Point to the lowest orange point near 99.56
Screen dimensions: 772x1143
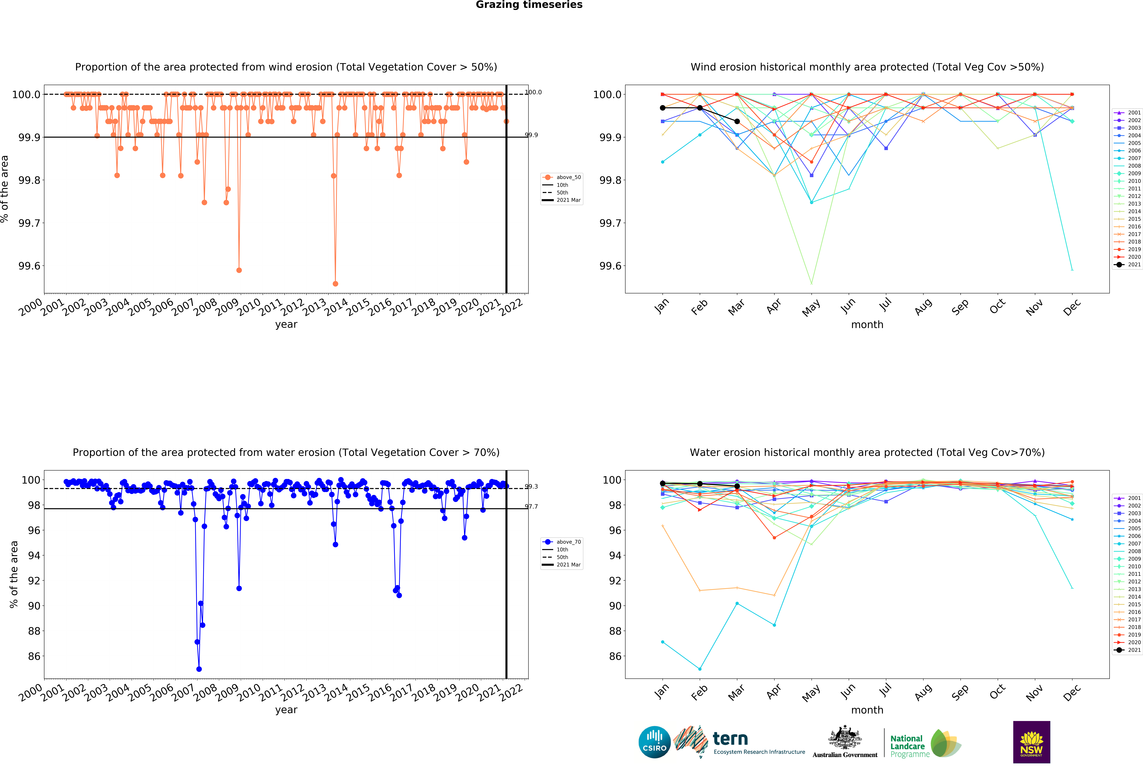pyautogui.click(x=335, y=284)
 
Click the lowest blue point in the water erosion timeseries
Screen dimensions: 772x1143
pyautogui.click(x=199, y=669)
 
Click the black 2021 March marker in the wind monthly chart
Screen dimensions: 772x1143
pyautogui.click(x=737, y=121)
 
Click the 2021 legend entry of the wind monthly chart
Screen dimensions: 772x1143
pyautogui.click(x=1130, y=264)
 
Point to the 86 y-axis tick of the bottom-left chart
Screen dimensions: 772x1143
pyautogui.click(x=34, y=656)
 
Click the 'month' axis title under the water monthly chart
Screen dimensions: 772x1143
pyautogui.click(x=867, y=710)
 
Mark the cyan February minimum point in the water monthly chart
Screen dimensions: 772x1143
pyautogui.click(x=700, y=669)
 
